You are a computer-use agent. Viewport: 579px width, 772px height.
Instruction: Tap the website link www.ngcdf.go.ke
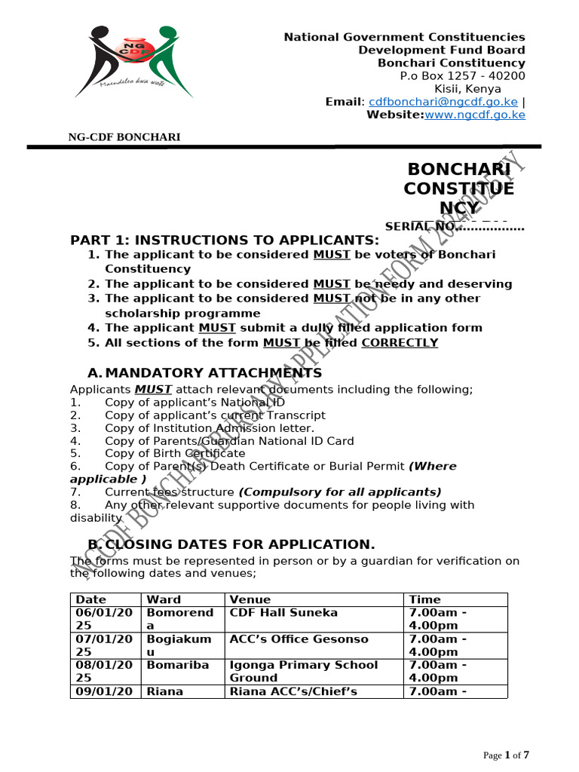[475, 115]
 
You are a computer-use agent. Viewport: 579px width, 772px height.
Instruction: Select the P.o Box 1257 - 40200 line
[462, 76]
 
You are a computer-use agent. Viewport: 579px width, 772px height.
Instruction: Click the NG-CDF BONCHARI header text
[124, 136]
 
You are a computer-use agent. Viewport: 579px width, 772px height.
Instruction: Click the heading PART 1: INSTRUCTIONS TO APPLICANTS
[225, 240]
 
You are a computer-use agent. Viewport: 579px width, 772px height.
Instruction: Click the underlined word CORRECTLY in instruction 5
[400, 342]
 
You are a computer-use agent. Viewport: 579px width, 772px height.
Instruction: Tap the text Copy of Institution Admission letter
[210, 428]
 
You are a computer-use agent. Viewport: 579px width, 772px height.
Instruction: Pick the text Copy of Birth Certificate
[175, 453]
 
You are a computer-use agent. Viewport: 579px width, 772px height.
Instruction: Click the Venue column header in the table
[250, 599]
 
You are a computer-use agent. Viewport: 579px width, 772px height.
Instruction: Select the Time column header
[424, 599]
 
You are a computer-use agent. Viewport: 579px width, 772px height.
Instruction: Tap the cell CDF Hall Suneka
[283, 613]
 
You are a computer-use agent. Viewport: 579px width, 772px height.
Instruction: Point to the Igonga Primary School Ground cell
[304, 671]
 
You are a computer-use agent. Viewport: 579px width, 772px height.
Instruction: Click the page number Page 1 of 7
[506, 755]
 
